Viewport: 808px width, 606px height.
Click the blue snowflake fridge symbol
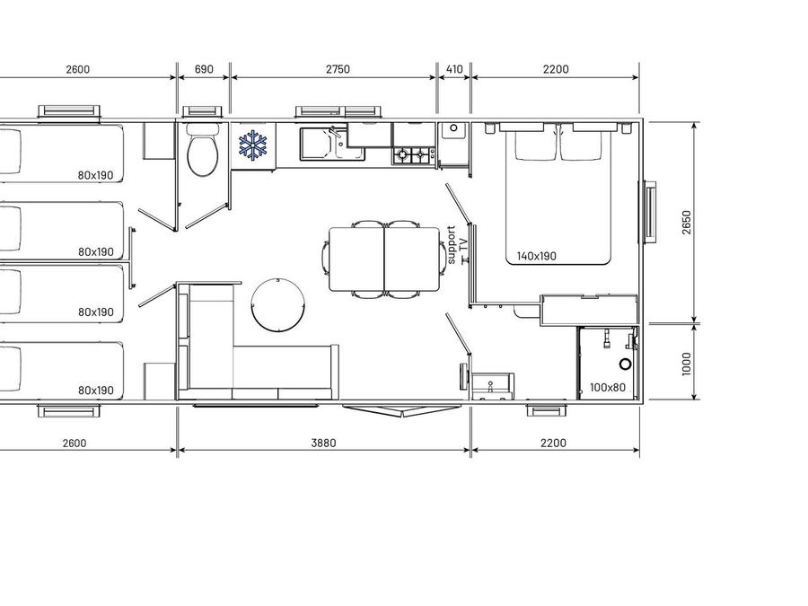click(253, 145)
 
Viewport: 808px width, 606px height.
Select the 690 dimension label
click(204, 69)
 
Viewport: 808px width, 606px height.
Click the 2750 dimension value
click(338, 69)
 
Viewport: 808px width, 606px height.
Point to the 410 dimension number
click(454, 69)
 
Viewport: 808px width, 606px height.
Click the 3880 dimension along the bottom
click(323, 443)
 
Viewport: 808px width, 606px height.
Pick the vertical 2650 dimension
click(686, 222)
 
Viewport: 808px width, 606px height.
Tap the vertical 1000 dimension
click(686, 364)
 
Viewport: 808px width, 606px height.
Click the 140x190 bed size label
click(537, 256)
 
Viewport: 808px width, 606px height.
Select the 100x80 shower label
click(607, 388)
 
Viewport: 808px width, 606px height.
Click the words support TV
click(458, 245)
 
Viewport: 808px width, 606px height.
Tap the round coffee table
click(277, 304)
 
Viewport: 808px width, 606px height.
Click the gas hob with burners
click(413, 155)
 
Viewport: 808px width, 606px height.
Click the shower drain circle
click(625, 364)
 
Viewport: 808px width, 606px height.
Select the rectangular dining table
click(384, 259)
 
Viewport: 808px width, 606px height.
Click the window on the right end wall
click(650, 211)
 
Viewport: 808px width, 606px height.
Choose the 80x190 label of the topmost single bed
click(95, 175)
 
